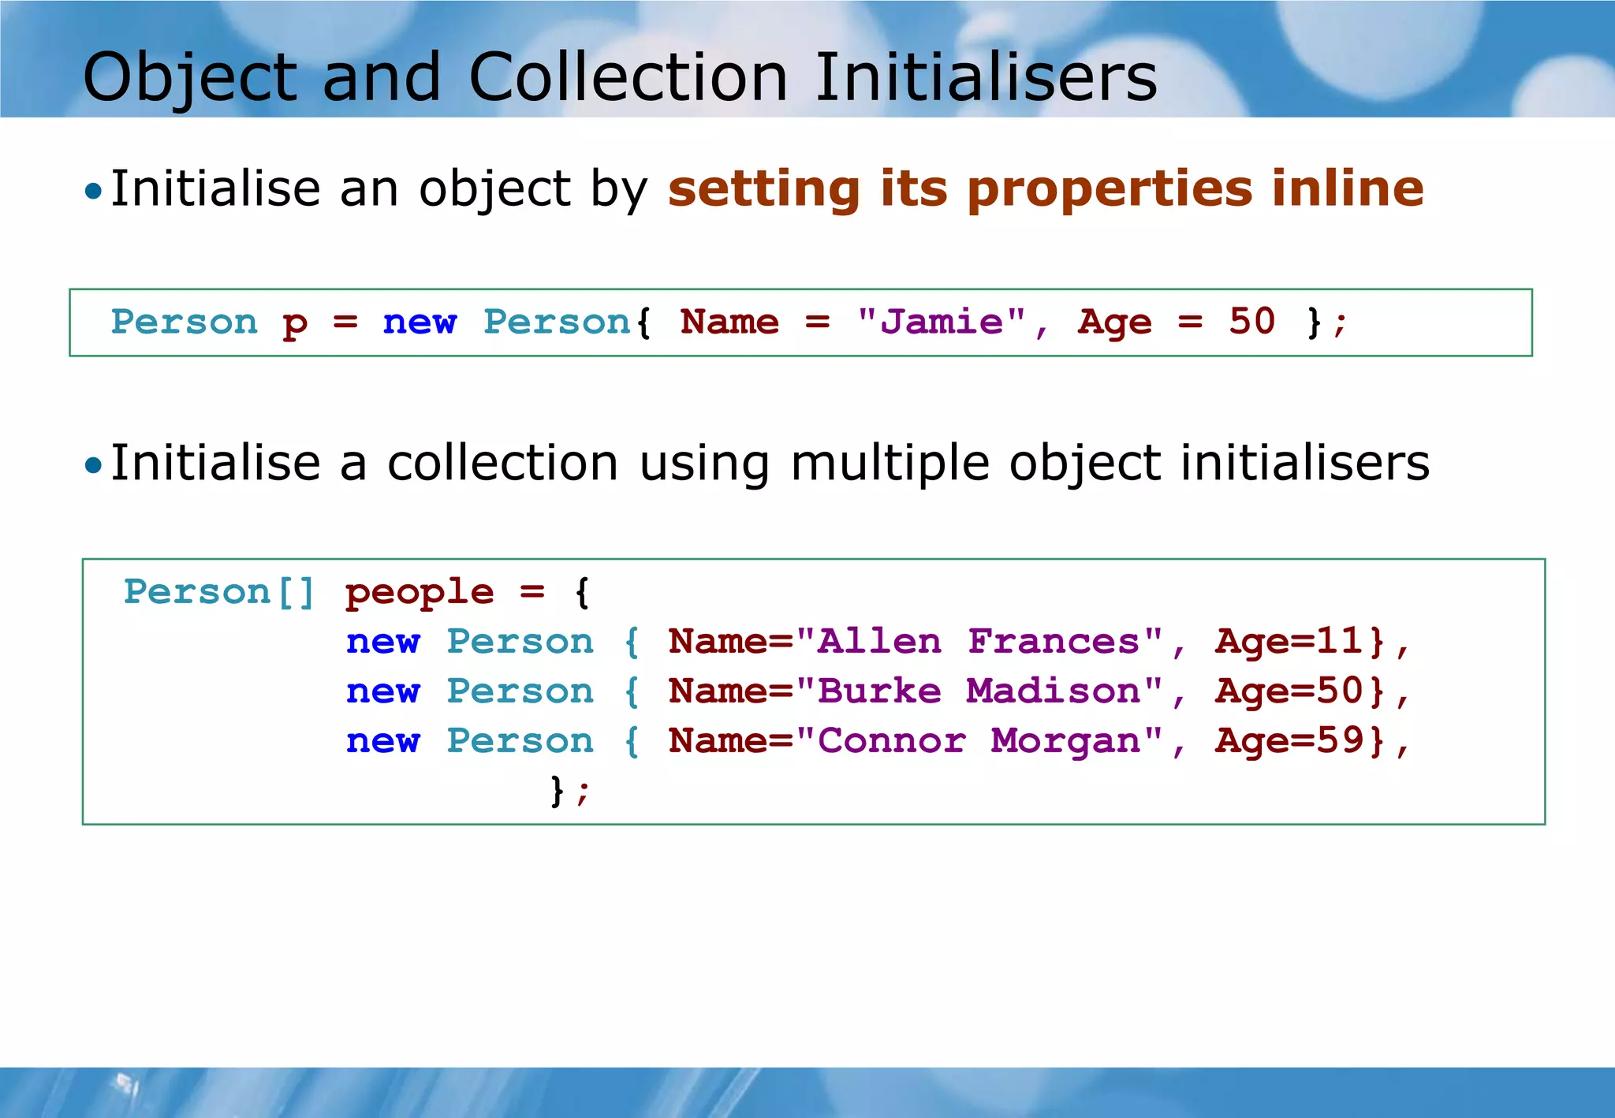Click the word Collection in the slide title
(628, 77)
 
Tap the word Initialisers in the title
(986, 77)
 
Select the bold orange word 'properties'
(1110, 189)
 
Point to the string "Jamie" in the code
(942, 322)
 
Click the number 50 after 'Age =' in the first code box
(1251, 321)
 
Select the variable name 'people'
(420, 592)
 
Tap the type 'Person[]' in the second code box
(219, 592)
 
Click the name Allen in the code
(879, 641)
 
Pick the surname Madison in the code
(1054, 691)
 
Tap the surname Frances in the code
(1054, 641)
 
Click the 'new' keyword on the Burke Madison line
(383, 691)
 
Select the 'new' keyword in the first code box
(420, 322)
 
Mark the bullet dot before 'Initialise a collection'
(94, 465)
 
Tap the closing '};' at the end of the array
(569, 790)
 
